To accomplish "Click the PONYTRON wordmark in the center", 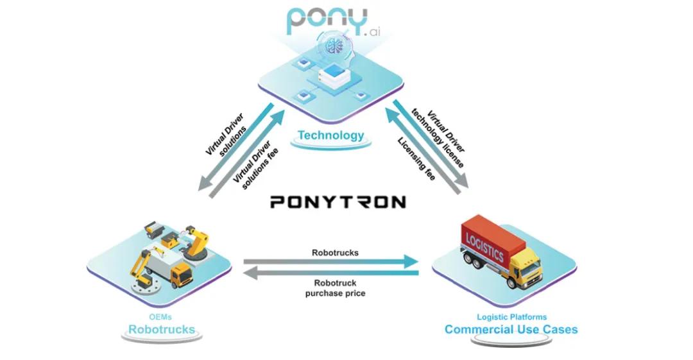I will (338, 202).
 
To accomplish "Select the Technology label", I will (330, 135).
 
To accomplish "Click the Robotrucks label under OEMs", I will (161, 329).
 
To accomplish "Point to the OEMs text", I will (161, 316).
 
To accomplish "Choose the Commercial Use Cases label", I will (511, 329).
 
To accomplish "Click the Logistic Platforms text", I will (511, 316).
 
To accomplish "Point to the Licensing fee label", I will (416, 158).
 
